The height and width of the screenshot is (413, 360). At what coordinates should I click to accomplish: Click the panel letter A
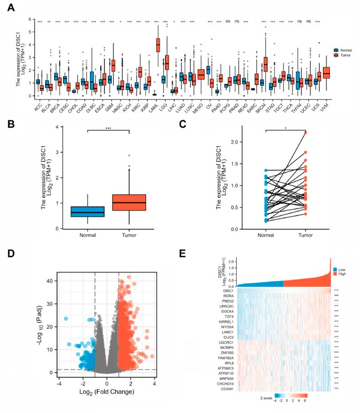[10, 7]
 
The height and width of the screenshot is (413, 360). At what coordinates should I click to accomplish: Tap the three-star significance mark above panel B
[108, 129]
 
